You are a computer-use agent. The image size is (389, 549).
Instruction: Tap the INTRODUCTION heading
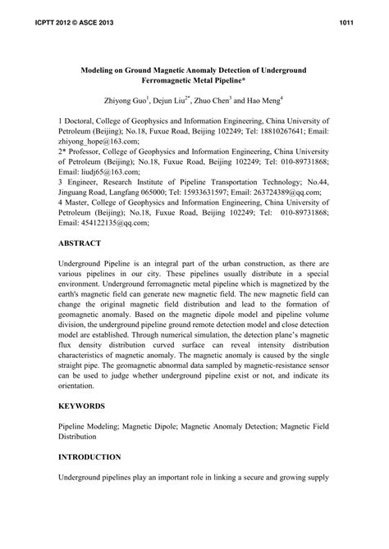[90, 456]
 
